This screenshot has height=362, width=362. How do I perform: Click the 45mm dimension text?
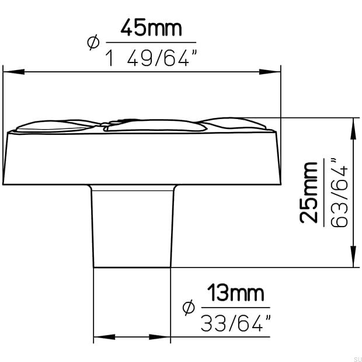151,27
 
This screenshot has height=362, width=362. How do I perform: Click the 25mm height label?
309,193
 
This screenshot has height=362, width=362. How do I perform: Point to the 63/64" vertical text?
339,193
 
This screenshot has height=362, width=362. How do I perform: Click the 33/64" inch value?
236,323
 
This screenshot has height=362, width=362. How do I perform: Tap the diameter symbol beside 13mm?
188,308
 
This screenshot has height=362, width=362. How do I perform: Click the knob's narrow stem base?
133,228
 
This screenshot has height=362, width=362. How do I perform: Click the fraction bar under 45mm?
151,43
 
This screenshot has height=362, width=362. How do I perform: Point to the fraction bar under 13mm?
236,308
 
